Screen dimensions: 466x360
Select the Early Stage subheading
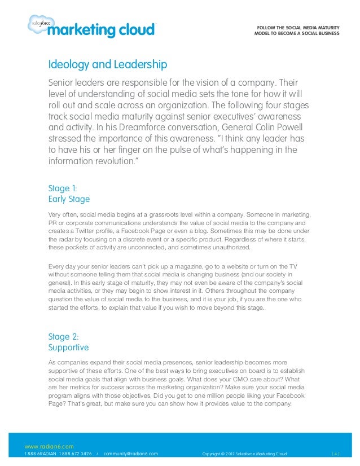click(x=69, y=199)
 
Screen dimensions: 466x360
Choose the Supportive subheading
click(x=69, y=348)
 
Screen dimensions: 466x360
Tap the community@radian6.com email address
click(x=131, y=453)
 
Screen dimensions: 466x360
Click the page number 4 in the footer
click(x=336, y=453)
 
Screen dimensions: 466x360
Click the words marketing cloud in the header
click(x=100, y=29)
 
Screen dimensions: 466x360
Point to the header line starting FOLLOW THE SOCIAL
click(x=298, y=27)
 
